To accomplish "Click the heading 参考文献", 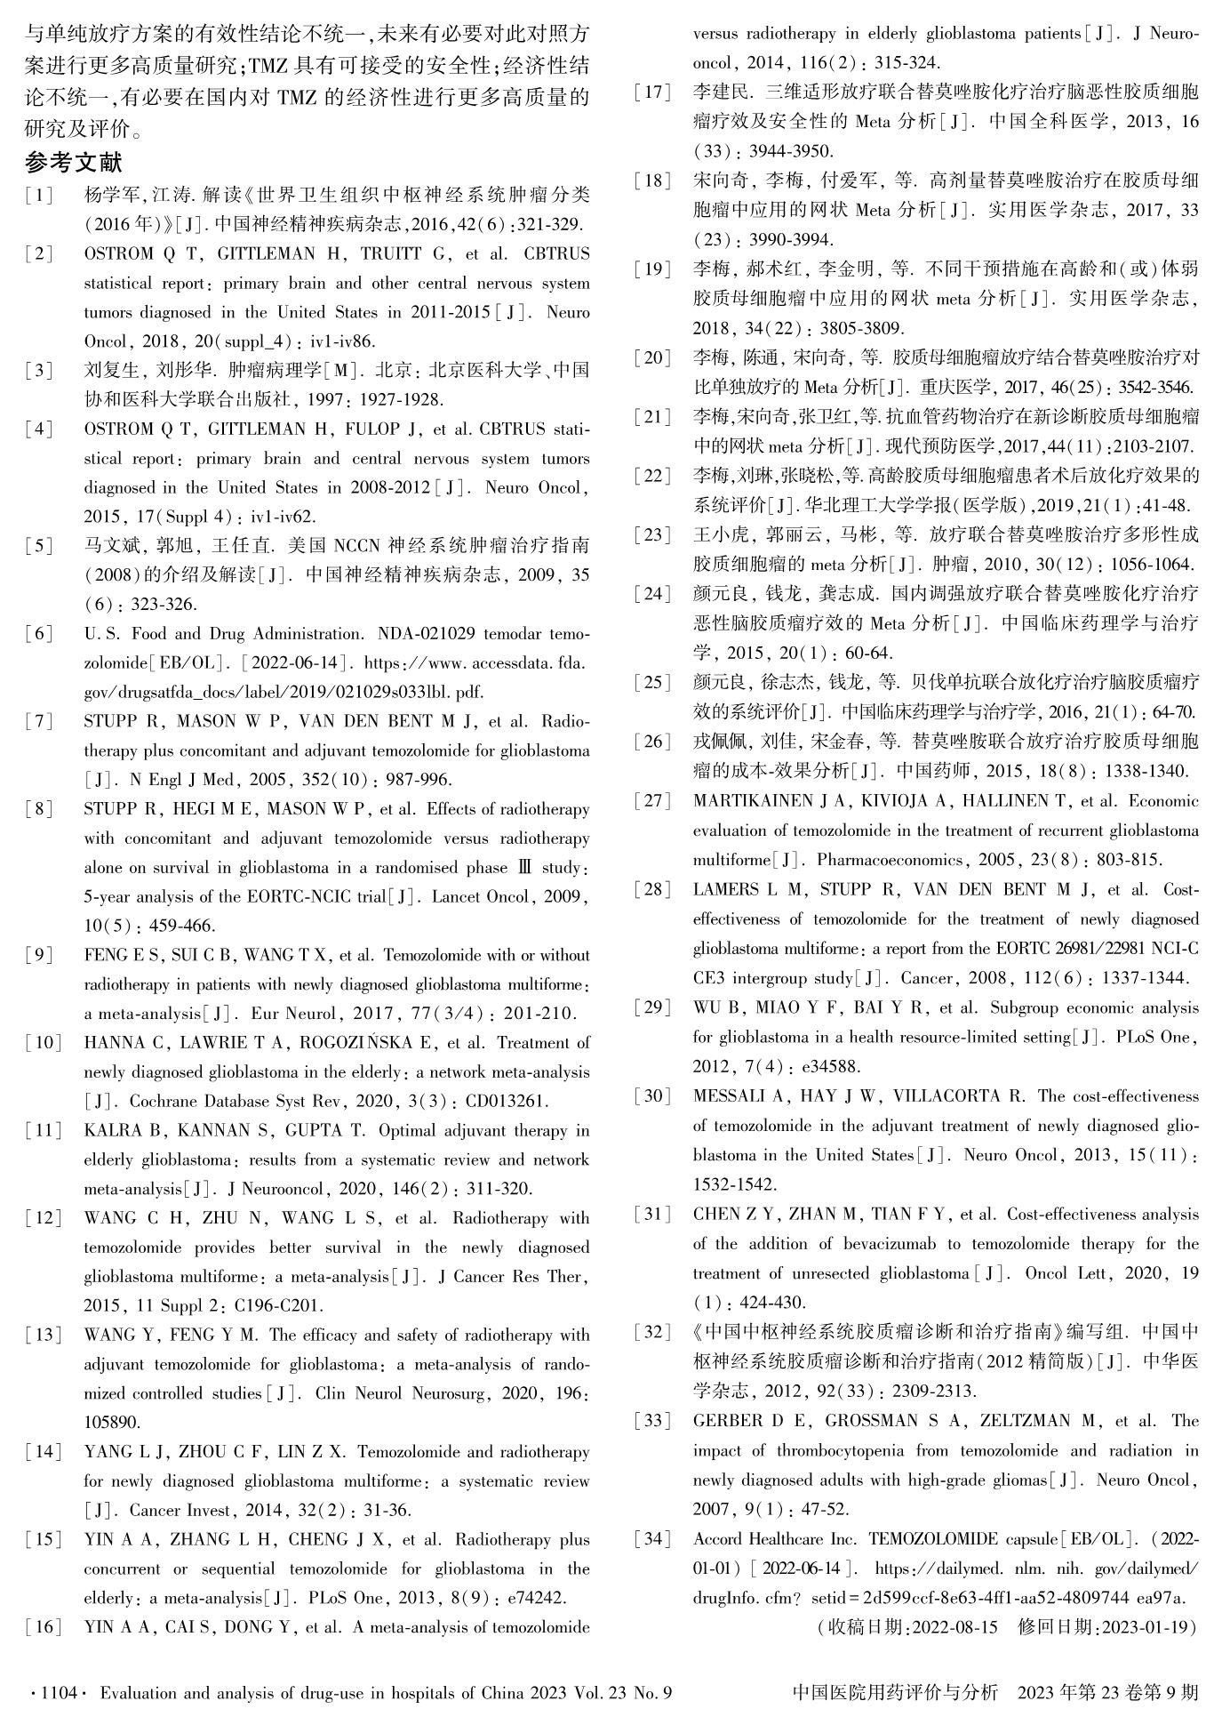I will [73, 163].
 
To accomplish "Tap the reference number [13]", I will [43, 1335].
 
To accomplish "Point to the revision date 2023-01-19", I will [1146, 1627].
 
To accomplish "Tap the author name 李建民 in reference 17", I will [721, 92].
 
